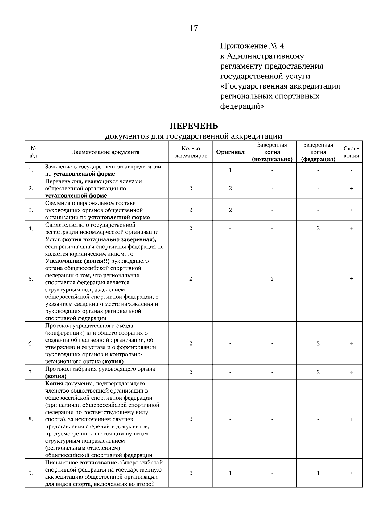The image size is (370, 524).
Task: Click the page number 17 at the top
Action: pyautogui.click(x=194, y=28)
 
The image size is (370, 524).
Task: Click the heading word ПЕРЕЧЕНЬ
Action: pyautogui.click(x=194, y=126)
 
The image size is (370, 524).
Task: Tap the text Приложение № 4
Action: pyautogui.click(x=252, y=46)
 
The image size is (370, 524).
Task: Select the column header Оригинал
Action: pyautogui.click(x=230, y=152)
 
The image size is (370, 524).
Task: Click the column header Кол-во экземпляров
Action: pyautogui.click(x=191, y=152)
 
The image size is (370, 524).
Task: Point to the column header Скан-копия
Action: pyautogui.click(x=351, y=152)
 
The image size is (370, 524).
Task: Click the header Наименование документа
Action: pyautogui.click(x=105, y=152)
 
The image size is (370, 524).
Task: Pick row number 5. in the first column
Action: pyautogui.click(x=31, y=279)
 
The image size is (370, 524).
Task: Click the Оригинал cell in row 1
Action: pyautogui.click(x=230, y=170)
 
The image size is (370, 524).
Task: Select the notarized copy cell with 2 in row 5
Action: pyautogui.click(x=272, y=279)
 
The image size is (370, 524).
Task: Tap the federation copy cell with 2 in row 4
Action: pyautogui.click(x=318, y=228)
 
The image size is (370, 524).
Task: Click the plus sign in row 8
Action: pyautogui.click(x=351, y=419)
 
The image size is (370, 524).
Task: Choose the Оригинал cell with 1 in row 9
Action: pyautogui.click(x=230, y=473)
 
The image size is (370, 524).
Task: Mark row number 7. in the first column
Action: pyautogui.click(x=31, y=372)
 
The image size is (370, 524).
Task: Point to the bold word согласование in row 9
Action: pyautogui.click(x=98, y=463)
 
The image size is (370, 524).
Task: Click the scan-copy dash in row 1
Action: pyautogui.click(x=351, y=170)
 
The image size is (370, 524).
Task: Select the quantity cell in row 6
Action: pyautogui.click(x=191, y=343)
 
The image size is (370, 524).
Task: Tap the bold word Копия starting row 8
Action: pyautogui.click(x=54, y=384)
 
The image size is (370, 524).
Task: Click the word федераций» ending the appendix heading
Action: pyautogui.click(x=242, y=106)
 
